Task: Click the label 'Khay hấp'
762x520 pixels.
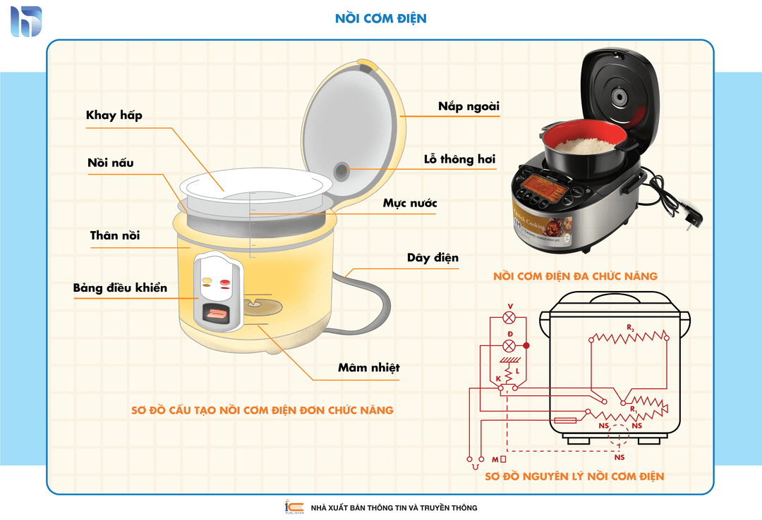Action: click(114, 115)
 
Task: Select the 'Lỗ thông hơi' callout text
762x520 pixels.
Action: click(459, 159)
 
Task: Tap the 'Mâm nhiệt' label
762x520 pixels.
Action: click(368, 368)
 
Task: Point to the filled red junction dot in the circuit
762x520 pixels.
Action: click(526, 345)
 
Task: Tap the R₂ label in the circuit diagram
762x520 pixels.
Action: click(632, 329)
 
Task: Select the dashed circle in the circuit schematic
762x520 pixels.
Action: click(619, 436)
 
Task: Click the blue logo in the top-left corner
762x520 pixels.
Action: click(26, 22)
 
